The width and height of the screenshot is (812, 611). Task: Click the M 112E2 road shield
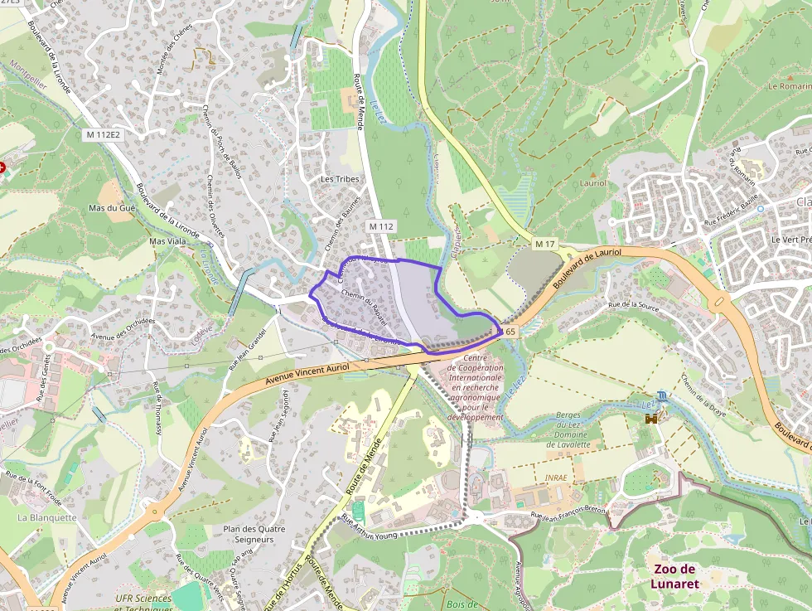[103, 134]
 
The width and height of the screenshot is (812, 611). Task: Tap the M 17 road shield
[544, 244]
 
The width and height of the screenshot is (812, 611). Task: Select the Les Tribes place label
[338, 179]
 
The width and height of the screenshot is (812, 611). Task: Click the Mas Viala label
[167, 241]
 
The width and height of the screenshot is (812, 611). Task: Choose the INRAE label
[556, 478]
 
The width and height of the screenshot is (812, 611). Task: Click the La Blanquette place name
[47, 517]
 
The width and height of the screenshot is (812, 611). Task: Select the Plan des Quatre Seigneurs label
[254, 534]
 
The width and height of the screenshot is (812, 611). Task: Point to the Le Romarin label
[790, 85]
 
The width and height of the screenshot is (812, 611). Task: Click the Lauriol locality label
[593, 183]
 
